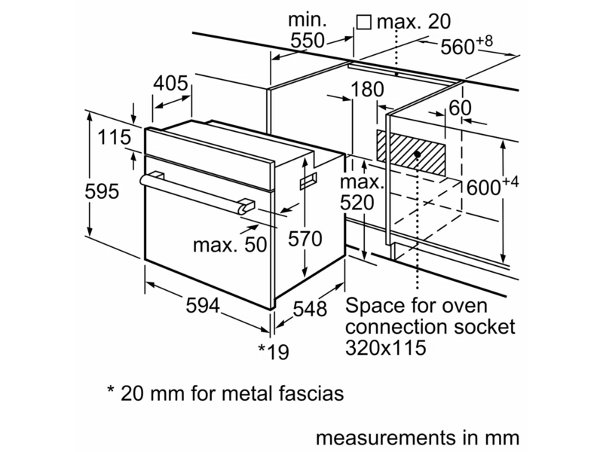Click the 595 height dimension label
pyautogui.click(x=102, y=191)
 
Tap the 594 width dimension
pyautogui.click(x=203, y=306)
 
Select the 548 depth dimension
pyautogui.click(x=310, y=308)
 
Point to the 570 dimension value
pyautogui.click(x=305, y=239)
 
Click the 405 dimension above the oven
pyautogui.click(x=171, y=83)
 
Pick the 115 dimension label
pyautogui.click(x=115, y=137)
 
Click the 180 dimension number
pyautogui.click(x=367, y=89)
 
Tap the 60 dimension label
pyautogui.click(x=460, y=108)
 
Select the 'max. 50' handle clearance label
pyautogui.click(x=230, y=245)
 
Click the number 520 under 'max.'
pyautogui.click(x=357, y=203)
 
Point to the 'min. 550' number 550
pyautogui.click(x=308, y=41)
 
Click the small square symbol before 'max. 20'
pyautogui.click(x=363, y=23)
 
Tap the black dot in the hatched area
pyautogui.click(x=418, y=154)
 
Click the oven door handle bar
pyautogui.click(x=196, y=193)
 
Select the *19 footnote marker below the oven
pyautogui.click(x=273, y=351)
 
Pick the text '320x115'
pyautogui.click(x=386, y=347)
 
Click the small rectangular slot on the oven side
pyautogui.click(x=309, y=180)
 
